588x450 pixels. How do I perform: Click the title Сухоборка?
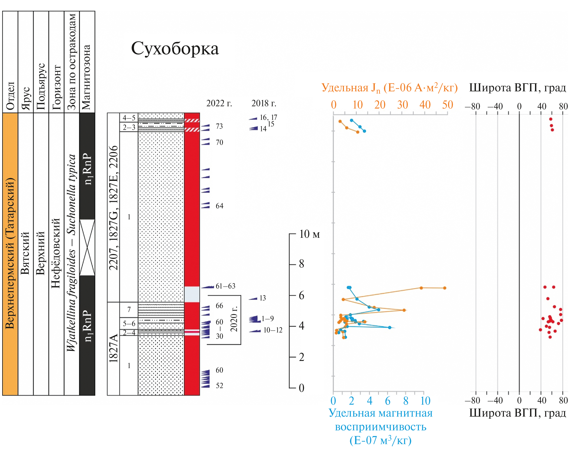pos(175,49)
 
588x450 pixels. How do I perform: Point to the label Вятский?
pos(25,253)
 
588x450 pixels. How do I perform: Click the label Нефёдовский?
pos(56,253)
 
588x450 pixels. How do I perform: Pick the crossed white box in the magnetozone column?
pos(87,247)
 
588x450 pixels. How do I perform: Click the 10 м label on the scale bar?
pos(309,234)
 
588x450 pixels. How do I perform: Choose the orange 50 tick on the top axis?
pos(447,105)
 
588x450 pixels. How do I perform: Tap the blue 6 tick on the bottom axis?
pos(388,401)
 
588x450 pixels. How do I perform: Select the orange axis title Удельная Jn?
pos(389,88)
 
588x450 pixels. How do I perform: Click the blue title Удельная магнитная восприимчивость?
pos(380,426)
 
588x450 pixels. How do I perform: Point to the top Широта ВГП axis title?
pos(517,88)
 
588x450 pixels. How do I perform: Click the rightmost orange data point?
pos(445,288)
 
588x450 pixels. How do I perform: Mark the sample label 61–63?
pos(225,286)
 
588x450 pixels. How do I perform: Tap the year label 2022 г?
pos(219,103)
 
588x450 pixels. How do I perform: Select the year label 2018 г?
pos(264,103)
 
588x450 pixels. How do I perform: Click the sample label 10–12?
pos(273,330)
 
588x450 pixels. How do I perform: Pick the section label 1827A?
pos(113,348)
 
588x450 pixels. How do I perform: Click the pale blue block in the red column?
pos(192,294)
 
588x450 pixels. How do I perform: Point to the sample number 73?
pos(219,126)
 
